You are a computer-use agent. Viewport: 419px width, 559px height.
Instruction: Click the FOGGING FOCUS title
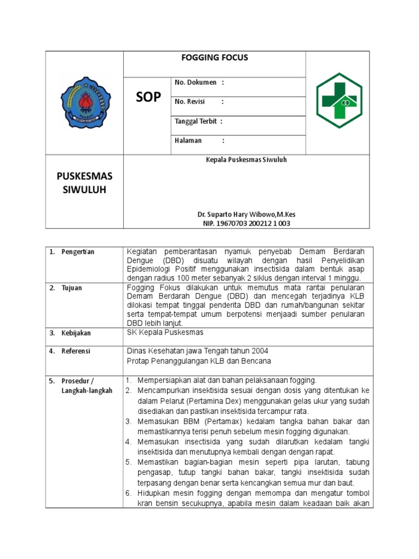pos(214,57)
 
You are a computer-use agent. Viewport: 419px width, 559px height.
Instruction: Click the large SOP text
pos(148,97)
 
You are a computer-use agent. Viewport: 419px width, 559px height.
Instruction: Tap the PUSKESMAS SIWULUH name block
pos(85,183)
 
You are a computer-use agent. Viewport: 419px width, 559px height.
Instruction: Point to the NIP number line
pos(247,223)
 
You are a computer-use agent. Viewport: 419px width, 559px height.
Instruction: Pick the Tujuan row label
pos(71,288)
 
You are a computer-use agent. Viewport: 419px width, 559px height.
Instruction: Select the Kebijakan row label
pos(76,332)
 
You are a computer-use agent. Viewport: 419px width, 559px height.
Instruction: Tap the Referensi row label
pos(76,351)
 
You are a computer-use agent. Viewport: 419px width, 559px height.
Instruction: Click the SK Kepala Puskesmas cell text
pos(165,332)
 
